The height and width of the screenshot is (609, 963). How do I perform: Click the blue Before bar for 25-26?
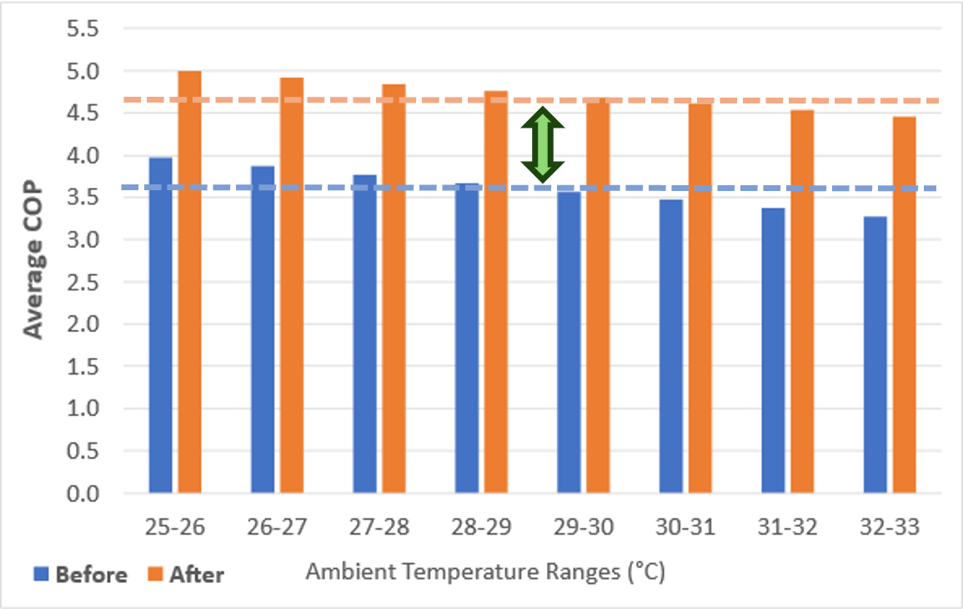[160, 325]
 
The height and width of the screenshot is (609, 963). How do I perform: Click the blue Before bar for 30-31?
[671, 346]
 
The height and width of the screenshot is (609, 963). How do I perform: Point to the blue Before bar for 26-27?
[263, 330]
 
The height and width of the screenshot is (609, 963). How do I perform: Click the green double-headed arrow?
[543, 145]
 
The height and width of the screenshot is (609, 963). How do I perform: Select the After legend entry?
[185, 575]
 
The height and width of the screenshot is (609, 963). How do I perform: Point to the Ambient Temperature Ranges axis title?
[485, 573]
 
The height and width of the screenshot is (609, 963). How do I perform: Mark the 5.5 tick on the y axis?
[82, 30]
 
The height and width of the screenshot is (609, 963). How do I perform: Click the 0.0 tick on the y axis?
[82, 494]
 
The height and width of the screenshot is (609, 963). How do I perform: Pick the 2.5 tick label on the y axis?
[82, 283]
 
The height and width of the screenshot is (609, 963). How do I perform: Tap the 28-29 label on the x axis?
[481, 527]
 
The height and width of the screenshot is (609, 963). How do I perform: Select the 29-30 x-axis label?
[584, 527]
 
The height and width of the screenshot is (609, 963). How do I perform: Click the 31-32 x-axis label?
[788, 527]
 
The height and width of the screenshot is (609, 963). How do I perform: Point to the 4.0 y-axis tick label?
[82, 156]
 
